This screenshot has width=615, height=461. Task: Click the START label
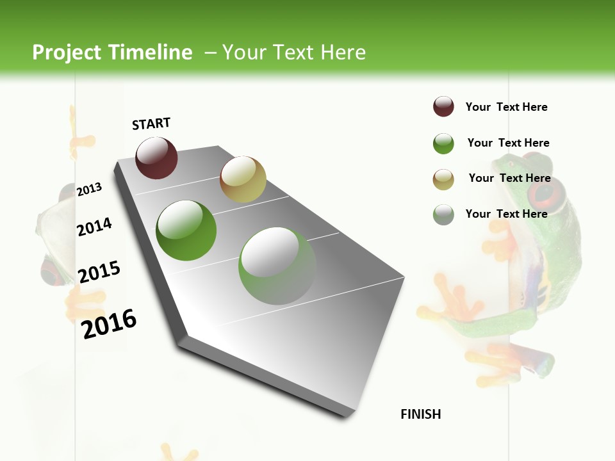click(x=151, y=124)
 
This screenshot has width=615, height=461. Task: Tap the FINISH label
click(x=421, y=414)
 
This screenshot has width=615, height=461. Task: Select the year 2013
click(x=90, y=189)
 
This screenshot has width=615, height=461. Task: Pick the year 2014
click(x=94, y=227)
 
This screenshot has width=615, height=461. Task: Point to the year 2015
click(x=99, y=272)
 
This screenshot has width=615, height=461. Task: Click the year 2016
click(x=109, y=323)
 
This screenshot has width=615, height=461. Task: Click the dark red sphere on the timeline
click(x=156, y=158)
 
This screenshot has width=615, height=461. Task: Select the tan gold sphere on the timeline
click(x=243, y=179)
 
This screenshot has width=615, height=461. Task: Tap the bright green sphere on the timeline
click(x=186, y=230)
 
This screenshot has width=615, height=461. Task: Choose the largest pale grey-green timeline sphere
click(x=277, y=266)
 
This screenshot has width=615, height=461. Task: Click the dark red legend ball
click(x=443, y=107)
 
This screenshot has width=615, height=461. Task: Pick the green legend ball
click(x=443, y=143)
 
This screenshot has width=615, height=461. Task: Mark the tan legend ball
click(x=443, y=179)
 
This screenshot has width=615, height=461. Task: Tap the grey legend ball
click(x=443, y=214)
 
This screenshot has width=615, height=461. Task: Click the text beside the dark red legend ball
click(x=506, y=107)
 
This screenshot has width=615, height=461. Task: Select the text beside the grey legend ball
click(x=506, y=214)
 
